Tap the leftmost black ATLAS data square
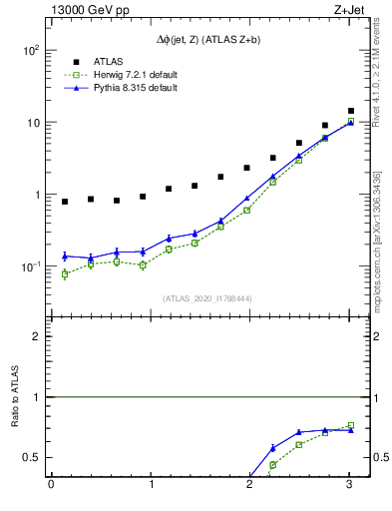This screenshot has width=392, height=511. [x=65, y=202]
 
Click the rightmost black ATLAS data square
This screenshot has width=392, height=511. [x=350, y=111]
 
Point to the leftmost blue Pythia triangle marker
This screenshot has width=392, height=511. [x=65, y=256]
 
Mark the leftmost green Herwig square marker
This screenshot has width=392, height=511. [x=65, y=273]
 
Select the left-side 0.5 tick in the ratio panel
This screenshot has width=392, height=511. [x=31, y=457]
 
